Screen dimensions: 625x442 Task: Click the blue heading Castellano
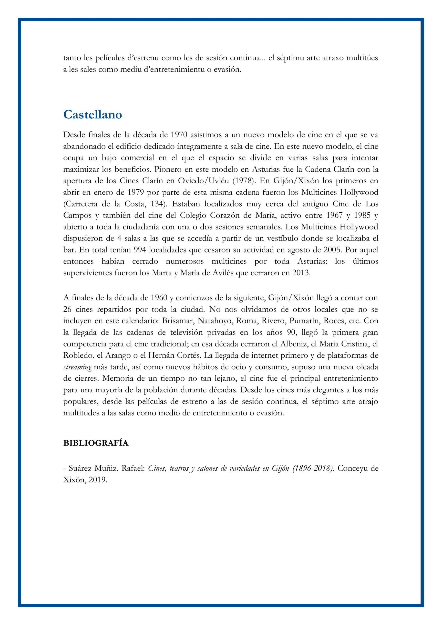[x=93, y=115]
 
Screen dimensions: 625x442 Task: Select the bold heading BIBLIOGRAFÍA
[x=96, y=443]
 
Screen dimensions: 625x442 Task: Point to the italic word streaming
[x=77, y=367]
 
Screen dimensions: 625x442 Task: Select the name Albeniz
[x=293, y=344]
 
